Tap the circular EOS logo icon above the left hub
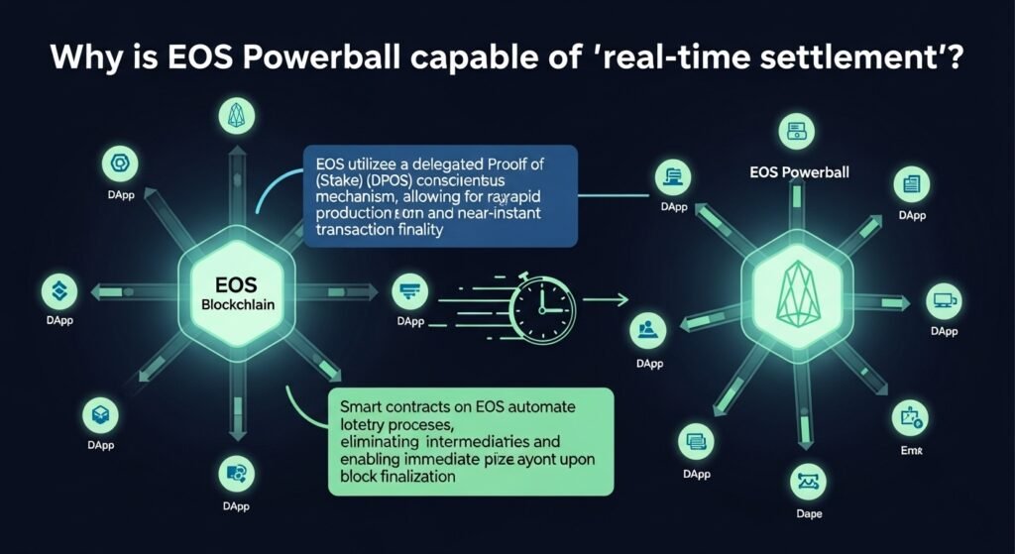237,117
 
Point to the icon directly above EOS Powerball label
793,128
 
